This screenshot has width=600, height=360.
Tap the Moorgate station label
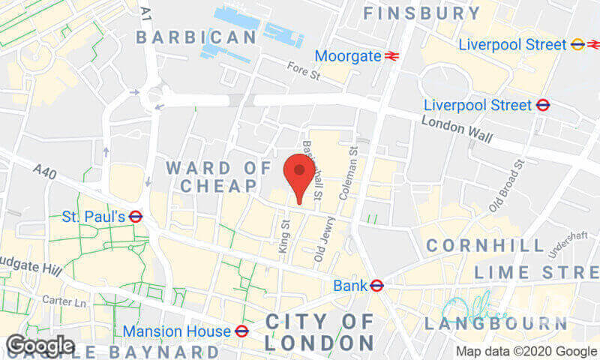click(347, 56)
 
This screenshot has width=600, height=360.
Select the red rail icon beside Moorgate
click(391, 56)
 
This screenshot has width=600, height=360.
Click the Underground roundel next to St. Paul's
click(136, 217)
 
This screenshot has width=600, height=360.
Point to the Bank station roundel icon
click(377, 285)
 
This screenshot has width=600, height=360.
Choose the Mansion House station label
click(176, 331)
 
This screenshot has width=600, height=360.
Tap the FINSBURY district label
click(421, 13)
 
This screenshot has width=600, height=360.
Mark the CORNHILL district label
click(485, 246)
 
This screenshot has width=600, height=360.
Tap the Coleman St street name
click(347, 171)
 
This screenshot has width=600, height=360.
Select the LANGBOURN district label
click(496, 324)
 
